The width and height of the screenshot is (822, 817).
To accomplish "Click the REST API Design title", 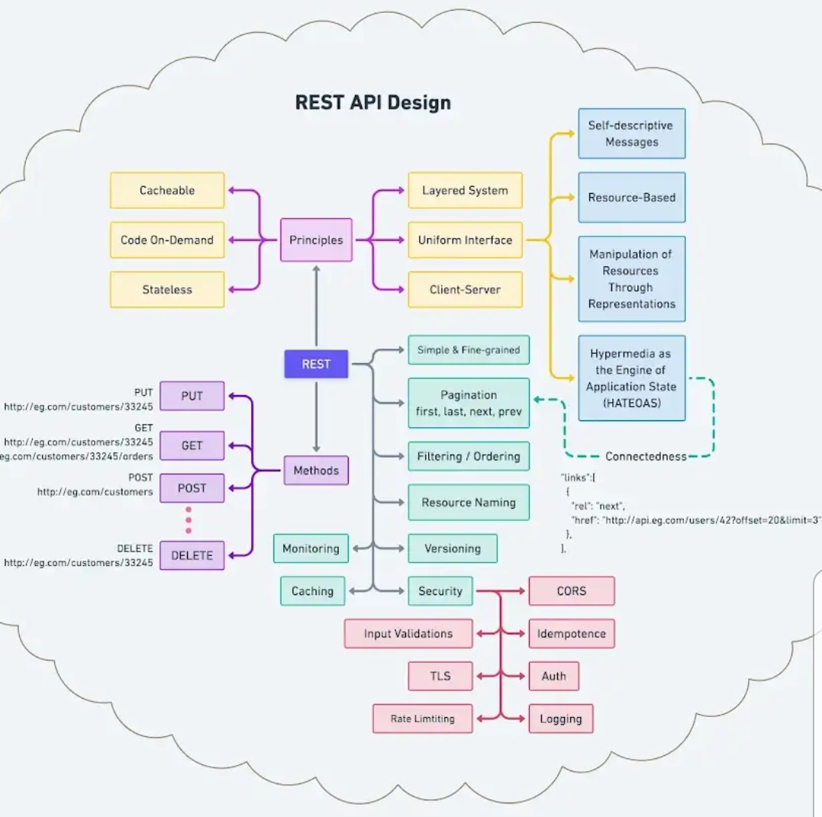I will click(372, 102).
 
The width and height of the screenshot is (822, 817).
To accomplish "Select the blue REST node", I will click(316, 364).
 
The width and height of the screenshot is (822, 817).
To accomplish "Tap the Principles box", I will click(316, 240).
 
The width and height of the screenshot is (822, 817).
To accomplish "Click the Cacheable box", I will click(167, 191).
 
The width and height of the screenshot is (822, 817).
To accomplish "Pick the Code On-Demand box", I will click(167, 240).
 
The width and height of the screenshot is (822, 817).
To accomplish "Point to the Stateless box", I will click(167, 290).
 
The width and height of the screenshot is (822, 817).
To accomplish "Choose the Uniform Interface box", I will click(465, 240).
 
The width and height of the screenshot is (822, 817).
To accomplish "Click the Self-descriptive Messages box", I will click(631, 133).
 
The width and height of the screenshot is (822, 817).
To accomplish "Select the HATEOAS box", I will click(631, 378).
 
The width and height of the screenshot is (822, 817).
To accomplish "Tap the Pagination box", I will click(469, 403).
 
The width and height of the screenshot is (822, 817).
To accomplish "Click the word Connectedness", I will click(646, 456).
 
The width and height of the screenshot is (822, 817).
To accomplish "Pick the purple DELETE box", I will click(192, 555).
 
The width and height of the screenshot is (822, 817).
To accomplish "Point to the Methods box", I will click(316, 470).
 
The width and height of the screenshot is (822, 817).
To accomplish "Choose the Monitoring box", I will click(311, 548).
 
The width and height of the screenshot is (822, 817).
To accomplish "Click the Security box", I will click(440, 590).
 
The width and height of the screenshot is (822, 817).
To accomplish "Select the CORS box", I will click(571, 590).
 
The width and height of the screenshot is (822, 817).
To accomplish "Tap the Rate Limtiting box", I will click(422, 719).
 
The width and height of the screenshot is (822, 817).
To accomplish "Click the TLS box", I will click(440, 676).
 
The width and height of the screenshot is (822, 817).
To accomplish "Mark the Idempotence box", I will click(571, 633).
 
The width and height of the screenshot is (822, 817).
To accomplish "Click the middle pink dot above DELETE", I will click(189, 519).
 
